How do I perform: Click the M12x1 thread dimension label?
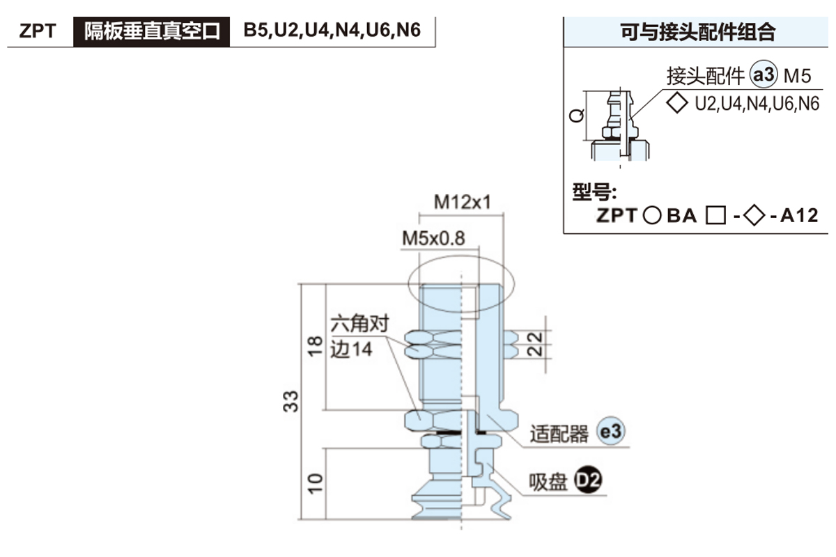(463, 202)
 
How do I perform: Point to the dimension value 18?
(314, 345)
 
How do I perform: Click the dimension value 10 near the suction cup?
(314, 483)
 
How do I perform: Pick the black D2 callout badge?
(587, 480)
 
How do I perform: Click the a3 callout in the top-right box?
(764, 74)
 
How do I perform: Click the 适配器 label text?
(559, 434)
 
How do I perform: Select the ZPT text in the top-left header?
(38, 32)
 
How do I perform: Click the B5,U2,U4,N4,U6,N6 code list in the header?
(332, 31)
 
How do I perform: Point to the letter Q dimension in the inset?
(576, 116)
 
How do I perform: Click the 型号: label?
(595, 193)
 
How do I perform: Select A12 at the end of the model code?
(798, 216)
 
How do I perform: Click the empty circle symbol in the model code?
(651, 216)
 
